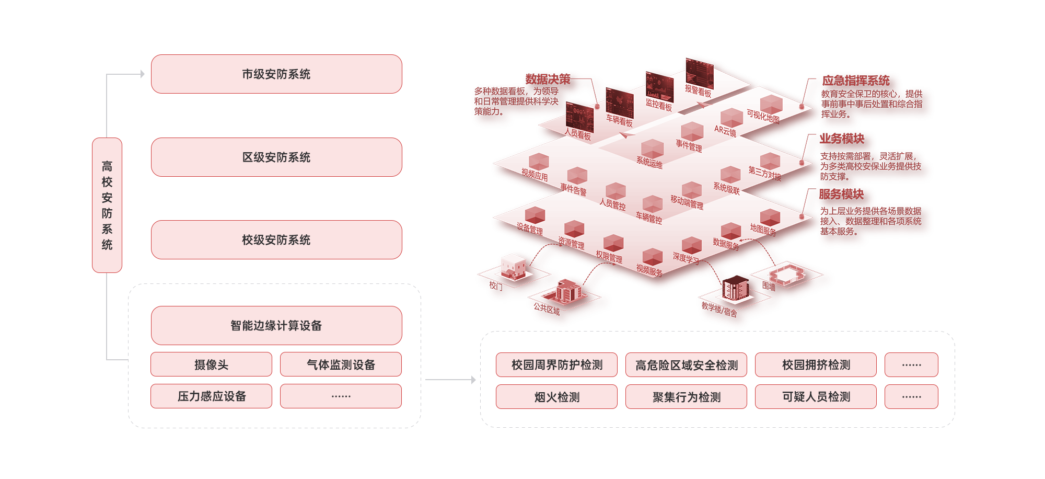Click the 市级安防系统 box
coord(276,74)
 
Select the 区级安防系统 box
coord(276,157)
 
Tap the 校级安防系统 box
coord(276,239)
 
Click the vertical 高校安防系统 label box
coord(107,205)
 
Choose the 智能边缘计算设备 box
coord(276,325)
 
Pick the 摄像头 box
coord(211,364)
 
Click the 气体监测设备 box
coord(341,364)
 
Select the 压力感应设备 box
coord(211,396)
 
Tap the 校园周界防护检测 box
coord(556,365)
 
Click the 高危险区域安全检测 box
coord(686,365)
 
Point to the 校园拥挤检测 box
coord(816,365)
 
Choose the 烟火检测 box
coord(556,397)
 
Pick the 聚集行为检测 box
coord(686,397)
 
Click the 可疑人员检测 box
coord(816,397)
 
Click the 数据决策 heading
coord(548,79)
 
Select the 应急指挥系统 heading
coord(855,81)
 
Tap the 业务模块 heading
coord(841,139)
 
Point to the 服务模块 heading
coord(841,195)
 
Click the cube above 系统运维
coord(652,148)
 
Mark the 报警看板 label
coord(698,92)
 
